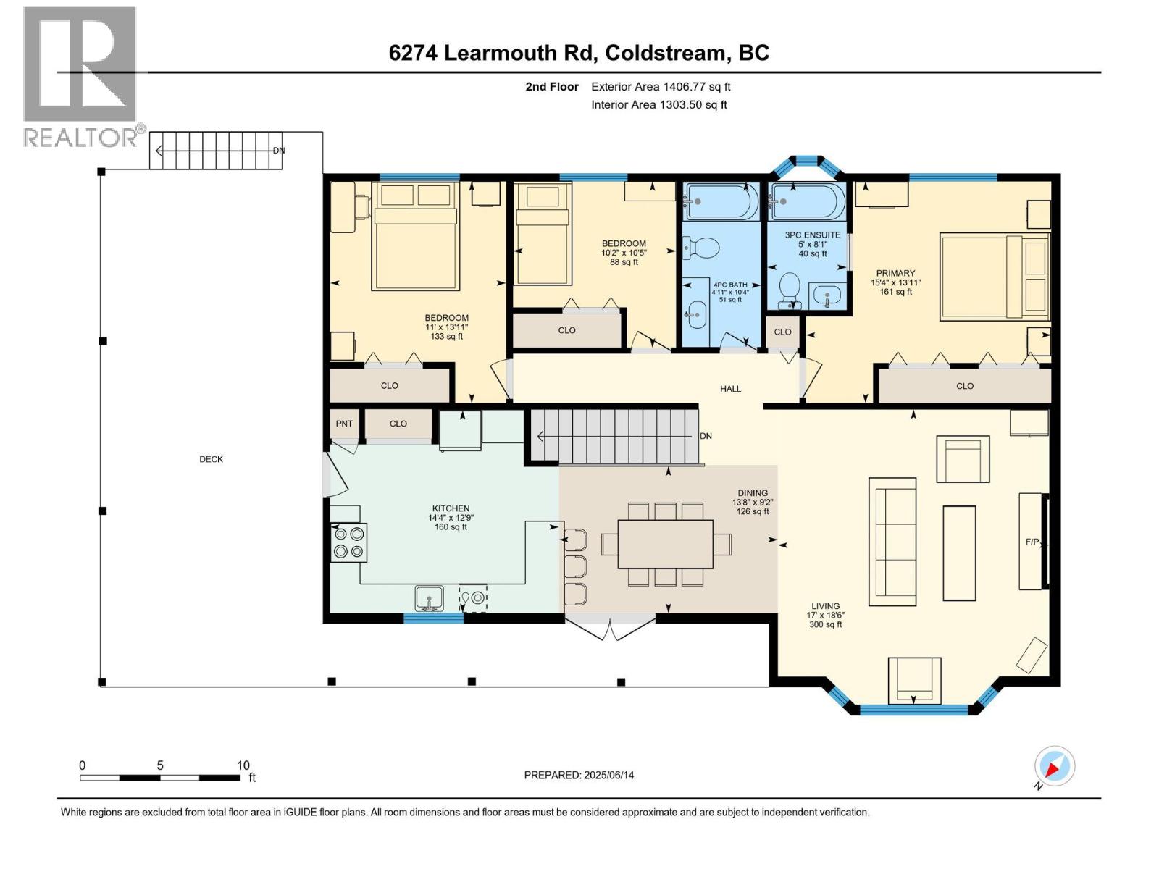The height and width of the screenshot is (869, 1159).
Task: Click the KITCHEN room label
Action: (451, 509)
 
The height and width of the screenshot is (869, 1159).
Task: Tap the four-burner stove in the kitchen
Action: (348, 542)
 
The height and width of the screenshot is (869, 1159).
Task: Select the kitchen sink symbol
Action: (429, 599)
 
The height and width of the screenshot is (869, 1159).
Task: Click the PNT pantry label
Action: (344, 424)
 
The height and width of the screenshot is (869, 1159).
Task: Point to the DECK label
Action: (212, 459)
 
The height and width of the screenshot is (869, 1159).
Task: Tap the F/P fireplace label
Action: (1032, 542)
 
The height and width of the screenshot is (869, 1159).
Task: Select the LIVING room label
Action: (825, 606)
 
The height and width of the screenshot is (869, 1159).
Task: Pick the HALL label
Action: (730, 389)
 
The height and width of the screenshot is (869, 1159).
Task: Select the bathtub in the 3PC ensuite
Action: (807, 201)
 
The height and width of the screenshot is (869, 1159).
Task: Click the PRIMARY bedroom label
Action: (895, 274)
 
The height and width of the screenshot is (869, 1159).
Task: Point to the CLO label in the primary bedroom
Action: (965, 386)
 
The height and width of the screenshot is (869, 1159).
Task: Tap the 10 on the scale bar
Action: (243, 765)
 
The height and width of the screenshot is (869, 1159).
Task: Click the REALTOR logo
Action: (80, 76)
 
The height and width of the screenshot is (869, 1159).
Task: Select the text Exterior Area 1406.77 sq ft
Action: (661, 87)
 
